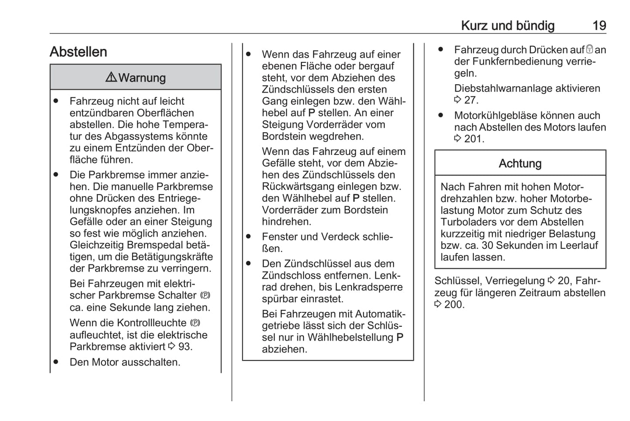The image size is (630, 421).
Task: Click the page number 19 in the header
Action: click(x=599, y=26)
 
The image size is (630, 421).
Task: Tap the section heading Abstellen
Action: click(x=78, y=52)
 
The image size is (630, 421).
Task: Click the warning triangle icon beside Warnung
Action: click(x=111, y=77)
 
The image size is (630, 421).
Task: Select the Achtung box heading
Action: click(x=520, y=164)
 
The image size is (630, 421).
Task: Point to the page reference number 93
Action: click(x=185, y=347)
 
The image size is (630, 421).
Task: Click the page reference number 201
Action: click(x=474, y=139)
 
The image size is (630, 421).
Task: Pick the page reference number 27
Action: click(x=471, y=100)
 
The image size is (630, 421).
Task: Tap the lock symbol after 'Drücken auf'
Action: click(x=589, y=50)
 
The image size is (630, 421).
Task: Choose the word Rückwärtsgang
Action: click(x=298, y=187)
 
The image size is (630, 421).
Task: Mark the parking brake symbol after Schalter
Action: click(x=205, y=296)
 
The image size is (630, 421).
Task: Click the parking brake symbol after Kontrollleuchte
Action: click(x=195, y=323)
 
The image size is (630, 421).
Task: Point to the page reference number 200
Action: click(x=454, y=305)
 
